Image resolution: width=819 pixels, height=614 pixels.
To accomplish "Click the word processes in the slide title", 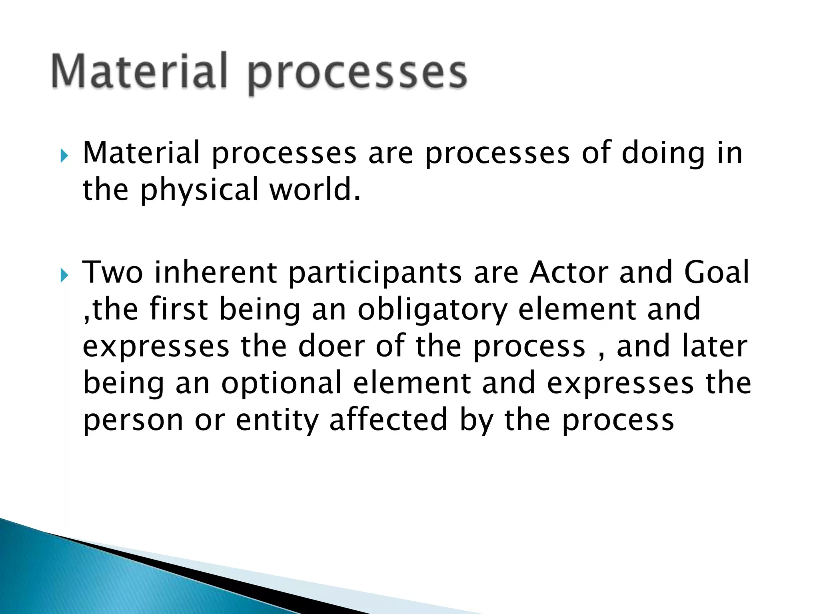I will click(x=357, y=74).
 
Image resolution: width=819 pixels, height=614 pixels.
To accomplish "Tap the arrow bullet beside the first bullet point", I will click(x=64, y=155).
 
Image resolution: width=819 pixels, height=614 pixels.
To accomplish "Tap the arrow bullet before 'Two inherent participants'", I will click(x=64, y=275).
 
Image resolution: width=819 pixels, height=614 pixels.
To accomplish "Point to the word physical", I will click(x=199, y=191).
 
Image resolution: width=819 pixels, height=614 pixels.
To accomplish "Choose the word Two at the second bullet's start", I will click(x=112, y=273).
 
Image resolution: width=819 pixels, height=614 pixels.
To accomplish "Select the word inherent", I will click(x=216, y=273).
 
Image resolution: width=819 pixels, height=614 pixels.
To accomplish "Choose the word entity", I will click(x=277, y=421).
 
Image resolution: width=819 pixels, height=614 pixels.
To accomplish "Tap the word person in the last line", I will click(x=133, y=421).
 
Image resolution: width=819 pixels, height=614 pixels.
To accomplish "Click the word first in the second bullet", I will click(x=179, y=309).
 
